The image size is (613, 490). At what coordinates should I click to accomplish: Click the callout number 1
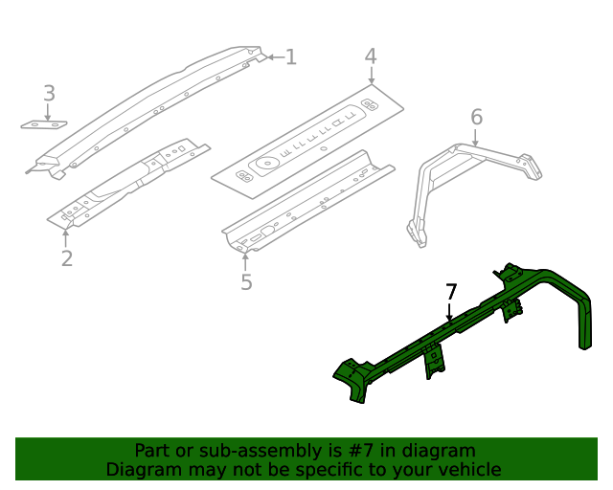tap(291, 57)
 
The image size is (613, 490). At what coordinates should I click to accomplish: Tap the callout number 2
tap(66, 258)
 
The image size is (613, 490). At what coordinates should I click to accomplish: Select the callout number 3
tap(49, 94)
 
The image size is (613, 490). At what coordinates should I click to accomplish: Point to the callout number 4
tap(371, 57)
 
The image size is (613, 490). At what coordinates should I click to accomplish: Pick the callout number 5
tap(246, 282)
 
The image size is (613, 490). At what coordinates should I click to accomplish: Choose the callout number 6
tap(476, 118)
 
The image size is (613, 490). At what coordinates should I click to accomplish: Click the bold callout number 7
tap(451, 292)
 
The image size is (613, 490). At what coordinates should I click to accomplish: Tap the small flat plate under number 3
tap(45, 124)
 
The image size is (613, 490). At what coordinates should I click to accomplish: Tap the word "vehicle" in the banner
tap(468, 470)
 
